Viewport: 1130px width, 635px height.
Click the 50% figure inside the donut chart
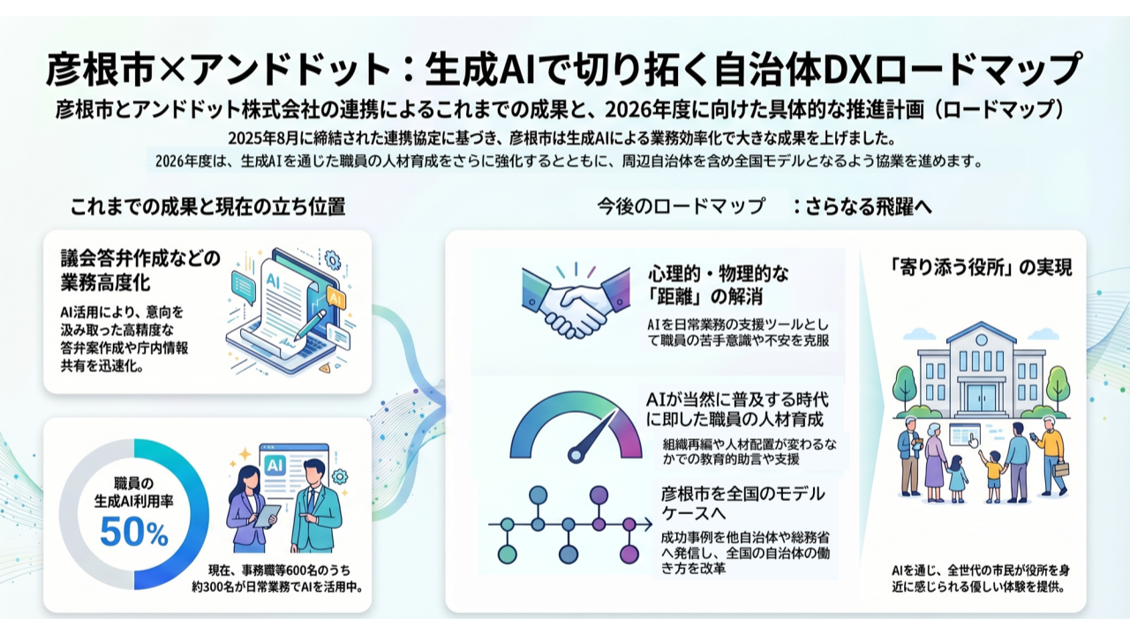(133, 532)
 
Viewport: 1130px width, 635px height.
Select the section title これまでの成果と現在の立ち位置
(207, 207)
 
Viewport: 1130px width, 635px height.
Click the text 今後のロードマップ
(681, 207)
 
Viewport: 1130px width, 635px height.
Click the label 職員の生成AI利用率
(133, 491)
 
